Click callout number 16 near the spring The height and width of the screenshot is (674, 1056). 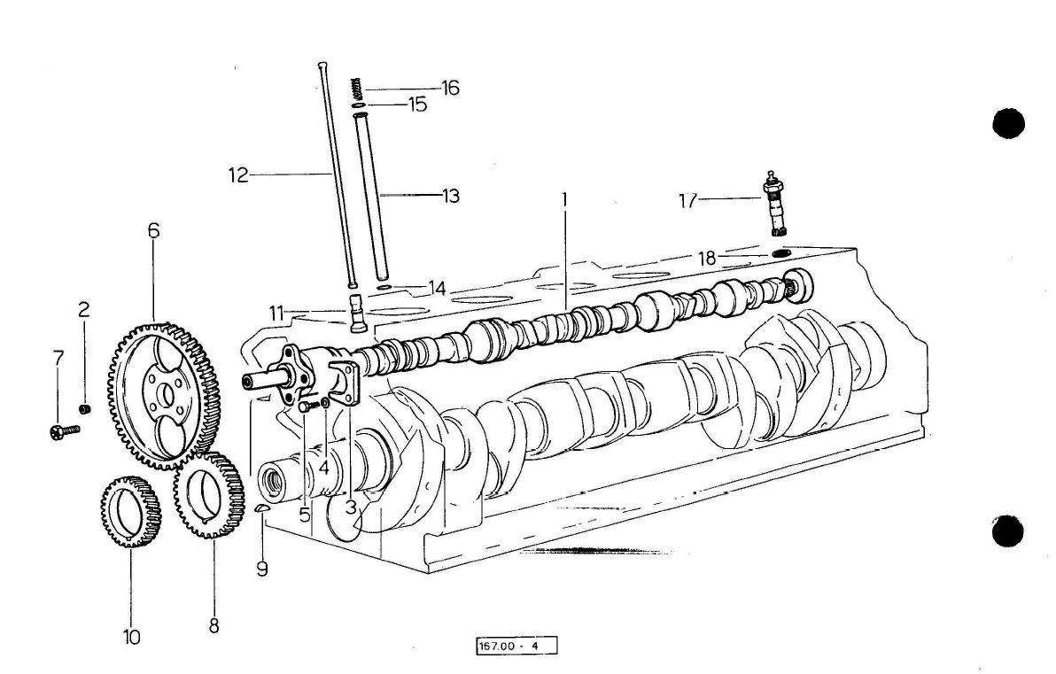click(x=451, y=88)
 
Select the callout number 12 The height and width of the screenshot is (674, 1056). click(x=237, y=174)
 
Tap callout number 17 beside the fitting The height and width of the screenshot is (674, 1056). click(x=688, y=201)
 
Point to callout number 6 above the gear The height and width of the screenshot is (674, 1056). click(x=153, y=231)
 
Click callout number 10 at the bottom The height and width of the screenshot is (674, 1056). click(x=131, y=636)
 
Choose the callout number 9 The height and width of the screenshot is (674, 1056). click(x=262, y=569)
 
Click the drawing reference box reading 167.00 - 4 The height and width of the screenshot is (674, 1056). click(x=518, y=647)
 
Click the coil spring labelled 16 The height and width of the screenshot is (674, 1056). click(x=358, y=89)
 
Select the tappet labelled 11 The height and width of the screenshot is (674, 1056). click(x=357, y=314)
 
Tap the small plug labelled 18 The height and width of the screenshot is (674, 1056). click(x=780, y=254)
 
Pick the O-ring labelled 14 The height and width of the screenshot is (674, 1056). click(x=384, y=288)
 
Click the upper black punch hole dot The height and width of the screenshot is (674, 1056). click(x=1007, y=123)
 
